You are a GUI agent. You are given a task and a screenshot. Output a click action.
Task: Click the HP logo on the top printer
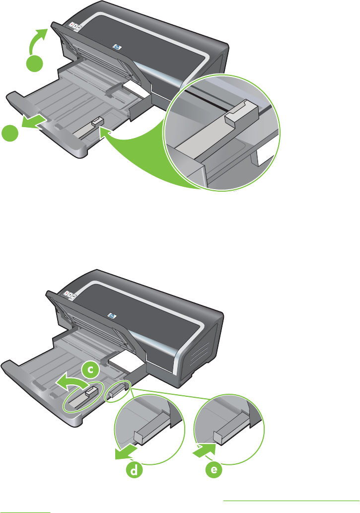(x=117, y=48)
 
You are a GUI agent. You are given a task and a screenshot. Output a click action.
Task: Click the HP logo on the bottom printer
(x=113, y=316)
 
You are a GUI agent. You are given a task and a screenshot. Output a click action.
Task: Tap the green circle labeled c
(x=91, y=369)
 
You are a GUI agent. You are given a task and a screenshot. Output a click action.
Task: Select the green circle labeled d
(x=134, y=470)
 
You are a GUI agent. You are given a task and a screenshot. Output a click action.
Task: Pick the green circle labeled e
(x=214, y=470)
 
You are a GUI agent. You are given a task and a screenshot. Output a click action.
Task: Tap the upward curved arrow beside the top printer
(x=37, y=41)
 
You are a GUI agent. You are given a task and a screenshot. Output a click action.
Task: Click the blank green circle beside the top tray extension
(x=10, y=133)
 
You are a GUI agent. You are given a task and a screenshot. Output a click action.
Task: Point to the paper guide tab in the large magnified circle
(x=242, y=113)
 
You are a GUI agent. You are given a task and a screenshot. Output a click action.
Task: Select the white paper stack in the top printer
(x=136, y=89)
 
